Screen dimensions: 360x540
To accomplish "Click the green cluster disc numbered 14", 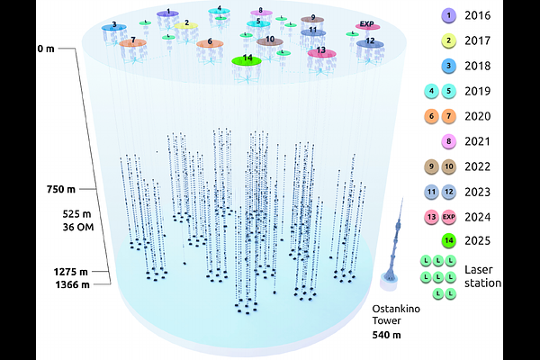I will [247, 59].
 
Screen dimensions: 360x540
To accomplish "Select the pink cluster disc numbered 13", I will [321, 52].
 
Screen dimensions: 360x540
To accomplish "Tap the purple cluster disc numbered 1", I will [167, 13].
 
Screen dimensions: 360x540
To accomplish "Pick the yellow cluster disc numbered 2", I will [186, 24].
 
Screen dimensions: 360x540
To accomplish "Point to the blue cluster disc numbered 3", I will [113, 27].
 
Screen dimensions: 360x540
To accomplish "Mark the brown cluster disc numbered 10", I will [269, 40].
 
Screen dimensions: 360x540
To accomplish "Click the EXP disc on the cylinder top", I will [366, 25].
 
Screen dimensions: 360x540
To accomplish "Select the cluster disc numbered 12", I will [370, 41].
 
